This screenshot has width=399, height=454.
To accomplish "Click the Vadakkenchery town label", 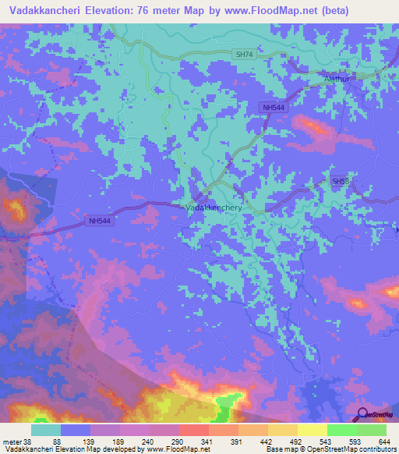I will (x=214, y=208).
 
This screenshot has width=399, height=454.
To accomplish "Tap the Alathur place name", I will (x=339, y=79).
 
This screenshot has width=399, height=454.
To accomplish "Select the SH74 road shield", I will (x=244, y=55).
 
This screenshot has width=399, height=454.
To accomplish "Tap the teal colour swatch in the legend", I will (x=46, y=430).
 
